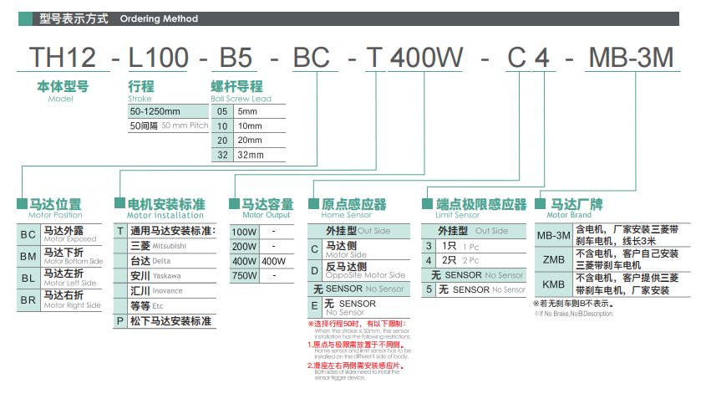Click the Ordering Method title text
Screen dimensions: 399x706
coord(159,18)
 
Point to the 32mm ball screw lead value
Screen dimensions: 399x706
coord(251,155)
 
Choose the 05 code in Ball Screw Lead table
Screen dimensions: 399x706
coord(222,111)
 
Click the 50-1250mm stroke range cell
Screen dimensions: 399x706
coord(155,111)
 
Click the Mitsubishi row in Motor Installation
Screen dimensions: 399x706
coord(159,246)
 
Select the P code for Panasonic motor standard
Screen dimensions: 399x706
coord(120,321)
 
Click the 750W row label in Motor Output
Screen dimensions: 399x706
coord(245,276)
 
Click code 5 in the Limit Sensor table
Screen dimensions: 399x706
coord(429,289)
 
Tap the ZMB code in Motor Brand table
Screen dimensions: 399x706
coord(553,260)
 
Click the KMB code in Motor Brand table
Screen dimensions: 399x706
coord(553,284)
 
